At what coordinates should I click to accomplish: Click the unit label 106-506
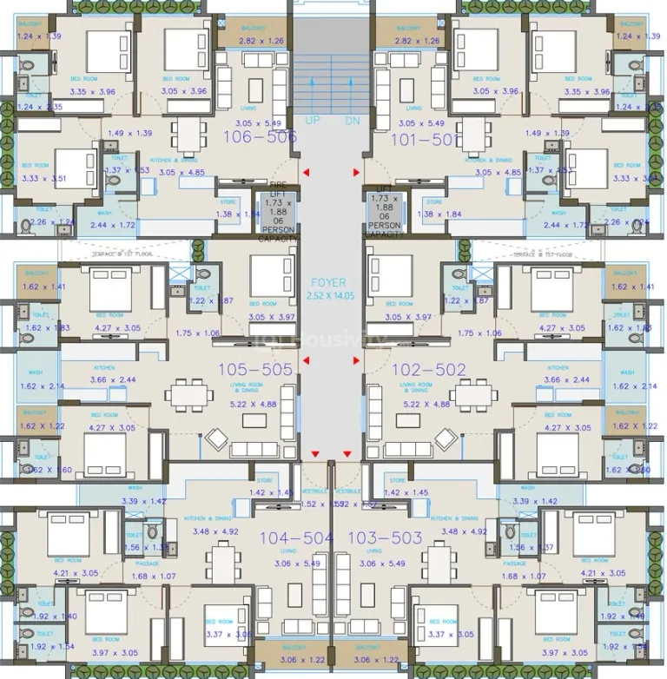pos(261,136)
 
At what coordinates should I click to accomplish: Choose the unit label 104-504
pos(297,537)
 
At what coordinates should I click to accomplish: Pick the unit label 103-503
pos(385,537)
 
